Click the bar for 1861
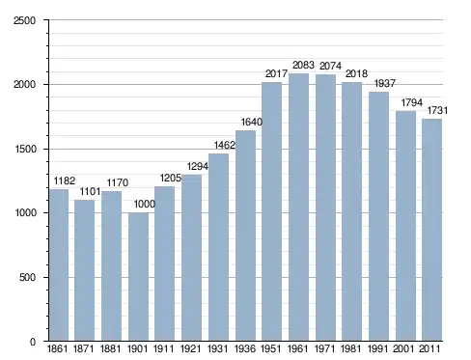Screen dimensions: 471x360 [59, 265]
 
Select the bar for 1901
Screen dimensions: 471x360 [138, 277]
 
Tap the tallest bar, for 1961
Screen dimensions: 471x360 [298, 208]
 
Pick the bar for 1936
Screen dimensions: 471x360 [245, 235]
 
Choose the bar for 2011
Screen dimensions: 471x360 [432, 230]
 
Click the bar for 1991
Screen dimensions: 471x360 [378, 216]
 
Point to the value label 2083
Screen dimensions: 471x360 [303, 65]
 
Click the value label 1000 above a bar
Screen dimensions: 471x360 [145, 204]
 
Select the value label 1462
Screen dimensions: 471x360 [225, 145]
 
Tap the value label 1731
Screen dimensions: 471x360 [437, 110]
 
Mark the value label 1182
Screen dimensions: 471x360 [65, 180]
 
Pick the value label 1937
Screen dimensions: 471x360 [385, 83]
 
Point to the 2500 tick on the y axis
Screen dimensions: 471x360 [24, 20]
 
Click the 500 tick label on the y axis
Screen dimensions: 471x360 [27, 277]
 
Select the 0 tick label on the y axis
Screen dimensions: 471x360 [33, 342]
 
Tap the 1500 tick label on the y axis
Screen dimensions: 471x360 [25, 149]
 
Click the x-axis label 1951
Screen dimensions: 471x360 [271, 348]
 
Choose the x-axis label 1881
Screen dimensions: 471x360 [110, 348]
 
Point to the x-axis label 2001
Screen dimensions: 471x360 [403, 348]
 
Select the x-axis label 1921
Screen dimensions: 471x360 [190, 348]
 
